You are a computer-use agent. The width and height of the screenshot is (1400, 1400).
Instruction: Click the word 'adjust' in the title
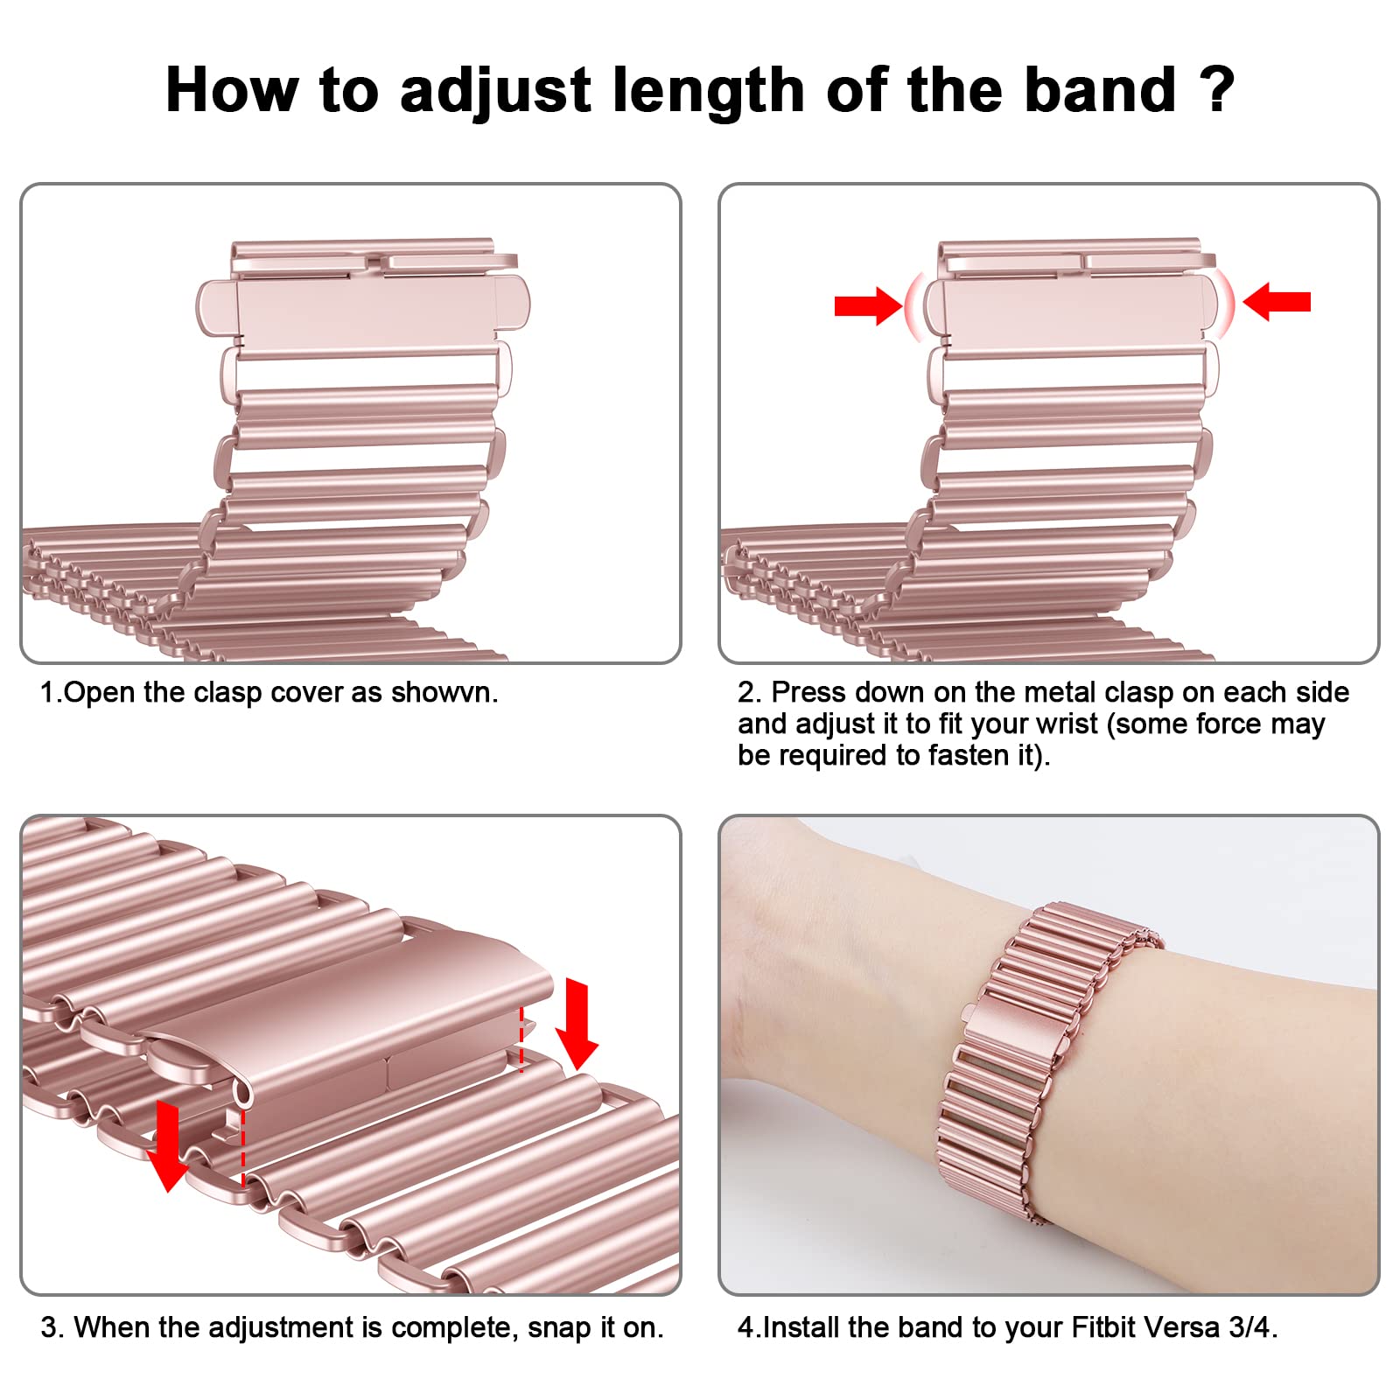tap(495, 92)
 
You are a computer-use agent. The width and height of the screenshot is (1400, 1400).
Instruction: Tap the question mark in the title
tap(1216, 88)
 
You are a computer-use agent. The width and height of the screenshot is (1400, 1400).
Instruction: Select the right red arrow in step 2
tap(1277, 302)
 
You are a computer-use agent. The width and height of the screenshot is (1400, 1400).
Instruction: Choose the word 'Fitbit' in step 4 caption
tap(1102, 1327)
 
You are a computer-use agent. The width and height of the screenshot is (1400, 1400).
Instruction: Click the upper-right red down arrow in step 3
tap(577, 1025)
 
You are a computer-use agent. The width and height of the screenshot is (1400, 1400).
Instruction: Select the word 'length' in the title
tap(708, 92)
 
